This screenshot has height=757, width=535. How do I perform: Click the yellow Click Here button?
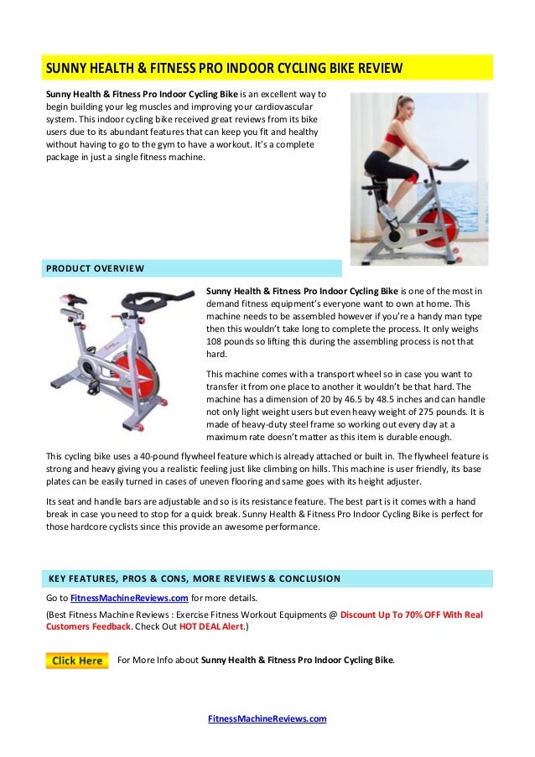click(78, 660)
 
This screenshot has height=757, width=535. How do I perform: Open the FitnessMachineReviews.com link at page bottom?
click(267, 718)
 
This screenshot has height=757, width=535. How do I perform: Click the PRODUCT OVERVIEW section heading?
click(94, 268)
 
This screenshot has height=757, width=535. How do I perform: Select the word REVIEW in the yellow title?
click(374, 66)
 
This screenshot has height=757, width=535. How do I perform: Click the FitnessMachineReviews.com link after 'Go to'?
click(128, 598)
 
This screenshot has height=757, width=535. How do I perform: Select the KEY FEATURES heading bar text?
click(194, 578)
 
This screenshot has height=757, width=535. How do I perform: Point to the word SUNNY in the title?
click(66, 66)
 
